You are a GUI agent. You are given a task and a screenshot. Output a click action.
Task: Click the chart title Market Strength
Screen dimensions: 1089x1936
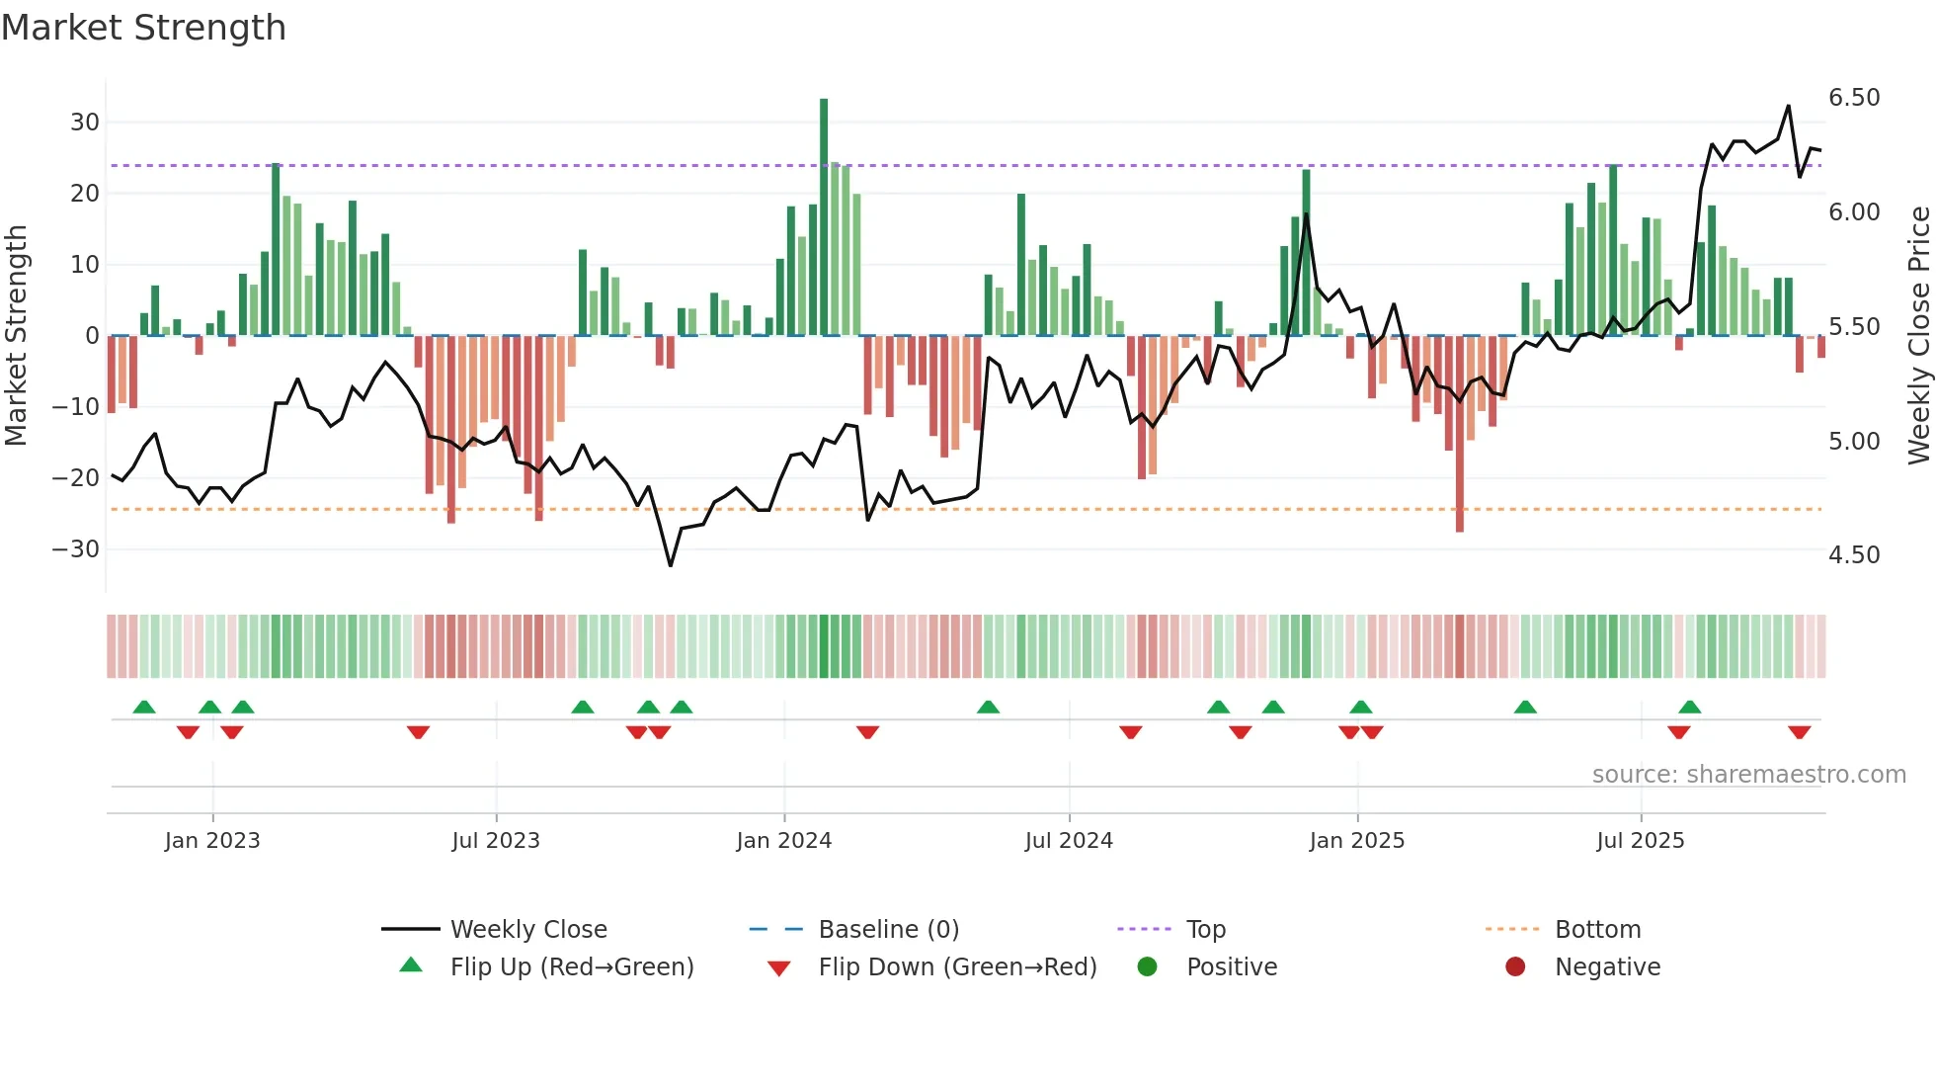(143, 28)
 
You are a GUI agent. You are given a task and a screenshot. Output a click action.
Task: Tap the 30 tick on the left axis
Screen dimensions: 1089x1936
(85, 123)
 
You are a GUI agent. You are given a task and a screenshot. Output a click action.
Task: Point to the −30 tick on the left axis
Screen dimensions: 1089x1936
(77, 549)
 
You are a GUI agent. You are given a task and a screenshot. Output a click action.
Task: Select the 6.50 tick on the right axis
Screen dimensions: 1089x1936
(1853, 98)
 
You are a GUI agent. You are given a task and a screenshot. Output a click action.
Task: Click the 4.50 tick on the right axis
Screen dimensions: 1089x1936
(1853, 555)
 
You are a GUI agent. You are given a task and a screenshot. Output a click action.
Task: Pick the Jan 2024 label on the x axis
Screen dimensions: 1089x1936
(783, 841)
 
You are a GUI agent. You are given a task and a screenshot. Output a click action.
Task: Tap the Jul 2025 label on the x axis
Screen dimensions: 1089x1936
(1640, 841)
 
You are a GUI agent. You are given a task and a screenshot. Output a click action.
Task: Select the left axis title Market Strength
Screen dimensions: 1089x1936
(16, 336)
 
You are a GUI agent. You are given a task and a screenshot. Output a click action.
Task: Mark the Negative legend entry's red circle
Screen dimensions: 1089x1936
(1515, 967)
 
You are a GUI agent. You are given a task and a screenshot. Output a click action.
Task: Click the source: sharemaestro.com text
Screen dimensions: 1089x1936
(1748, 775)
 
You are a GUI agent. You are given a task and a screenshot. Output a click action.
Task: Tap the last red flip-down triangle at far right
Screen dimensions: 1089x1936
(1799, 732)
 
